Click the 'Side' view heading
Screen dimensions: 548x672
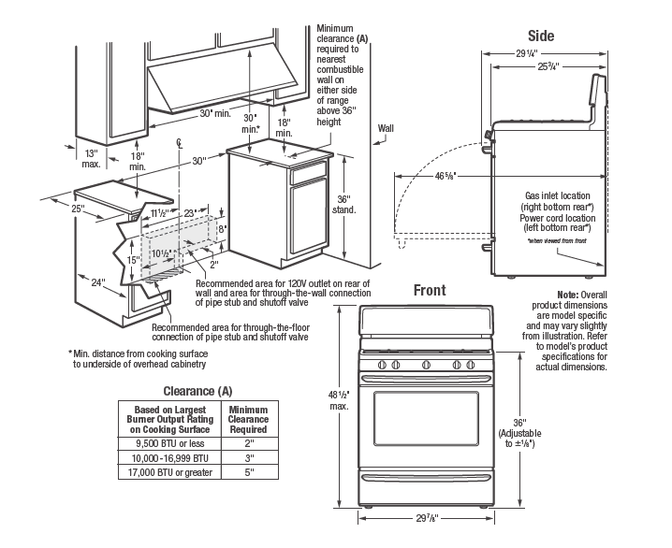(x=540, y=36)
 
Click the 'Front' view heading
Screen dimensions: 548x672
(x=430, y=290)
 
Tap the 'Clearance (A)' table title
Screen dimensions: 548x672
(x=197, y=390)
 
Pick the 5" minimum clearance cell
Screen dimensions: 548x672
(x=248, y=472)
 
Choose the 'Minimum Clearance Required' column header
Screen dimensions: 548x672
(x=248, y=420)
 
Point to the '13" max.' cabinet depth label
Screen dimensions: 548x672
(x=91, y=156)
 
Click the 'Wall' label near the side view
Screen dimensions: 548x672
(x=387, y=128)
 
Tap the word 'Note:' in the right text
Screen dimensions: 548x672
(x=568, y=295)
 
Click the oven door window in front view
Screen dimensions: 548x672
(x=425, y=418)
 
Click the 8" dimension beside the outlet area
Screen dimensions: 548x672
(x=222, y=226)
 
